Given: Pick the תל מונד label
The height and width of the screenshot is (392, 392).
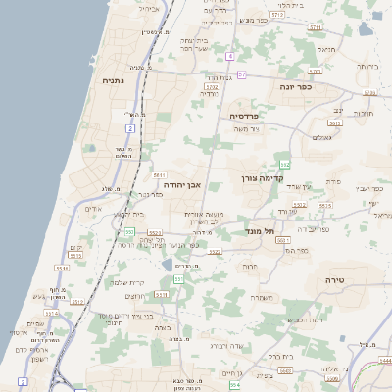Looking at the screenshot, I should coord(259,231).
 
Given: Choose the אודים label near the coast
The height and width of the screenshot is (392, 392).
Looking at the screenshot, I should coord(95,209).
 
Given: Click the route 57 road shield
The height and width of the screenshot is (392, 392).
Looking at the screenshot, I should coord(242,74).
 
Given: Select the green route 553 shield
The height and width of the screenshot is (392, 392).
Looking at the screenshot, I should coord(129,231).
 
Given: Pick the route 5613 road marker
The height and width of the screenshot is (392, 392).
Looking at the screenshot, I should coord(334,123).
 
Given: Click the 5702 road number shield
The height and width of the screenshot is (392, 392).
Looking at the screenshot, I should coord(212,87).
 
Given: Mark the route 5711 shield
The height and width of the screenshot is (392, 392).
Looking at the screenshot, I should coord(317,28).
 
